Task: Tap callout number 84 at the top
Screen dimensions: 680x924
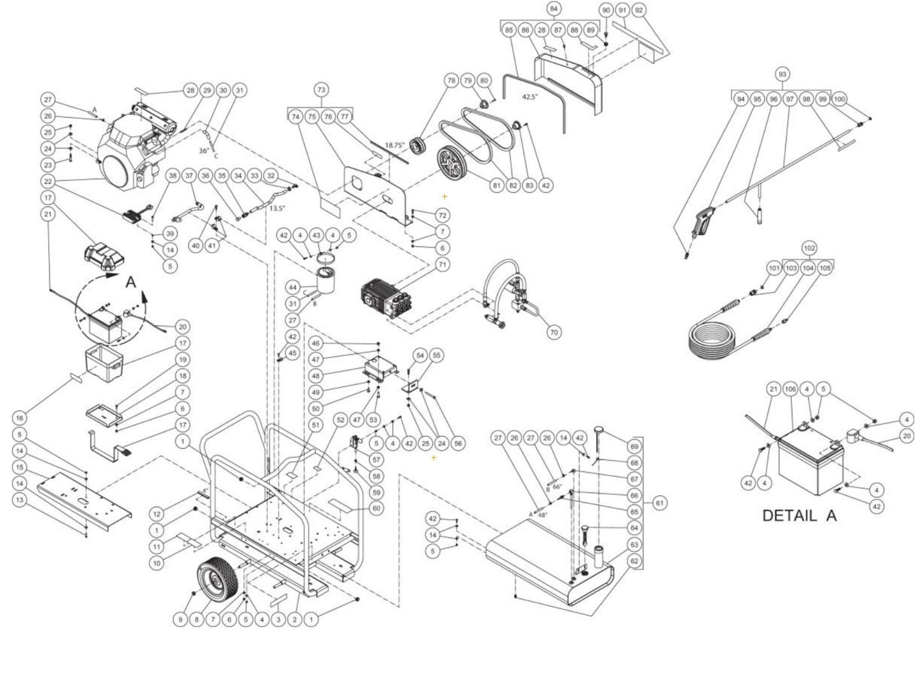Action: coord(554,9)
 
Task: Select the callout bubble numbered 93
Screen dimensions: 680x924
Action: coord(781,75)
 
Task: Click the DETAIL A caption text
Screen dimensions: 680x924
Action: coord(799,515)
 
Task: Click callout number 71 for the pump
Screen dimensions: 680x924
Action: coord(442,264)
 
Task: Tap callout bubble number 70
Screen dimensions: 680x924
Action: coord(554,332)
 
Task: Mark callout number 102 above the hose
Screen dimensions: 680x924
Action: coord(810,248)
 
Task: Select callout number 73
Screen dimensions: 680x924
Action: coord(321,90)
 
